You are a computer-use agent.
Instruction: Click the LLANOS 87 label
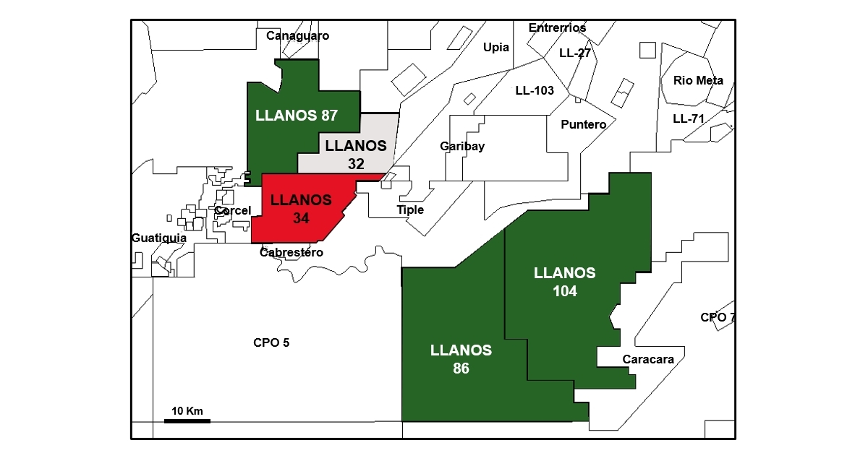click(x=297, y=116)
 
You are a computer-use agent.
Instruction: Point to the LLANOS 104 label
click(x=565, y=282)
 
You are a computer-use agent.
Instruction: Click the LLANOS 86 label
click(x=461, y=359)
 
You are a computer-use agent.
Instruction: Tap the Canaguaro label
click(x=297, y=35)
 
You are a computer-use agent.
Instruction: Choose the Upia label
click(x=496, y=48)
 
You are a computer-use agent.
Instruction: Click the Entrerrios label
click(x=557, y=28)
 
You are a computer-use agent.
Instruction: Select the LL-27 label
click(x=575, y=53)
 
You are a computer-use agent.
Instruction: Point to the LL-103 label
click(x=535, y=91)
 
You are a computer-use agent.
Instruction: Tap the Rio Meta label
click(x=698, y=80)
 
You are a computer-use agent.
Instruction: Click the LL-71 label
click(x=689, y=118)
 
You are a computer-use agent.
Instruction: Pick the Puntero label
click(x=584, y=124)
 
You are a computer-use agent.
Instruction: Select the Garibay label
click(x=462, y=147)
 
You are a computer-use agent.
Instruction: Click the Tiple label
click(x=410, y=210)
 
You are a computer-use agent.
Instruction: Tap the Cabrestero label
click(x=292, y=252)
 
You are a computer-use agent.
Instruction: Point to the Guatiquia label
click(x=159, y=238)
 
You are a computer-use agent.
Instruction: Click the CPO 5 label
click(x=271, y=342)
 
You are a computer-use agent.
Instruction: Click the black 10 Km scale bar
click(x=187, y=420)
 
